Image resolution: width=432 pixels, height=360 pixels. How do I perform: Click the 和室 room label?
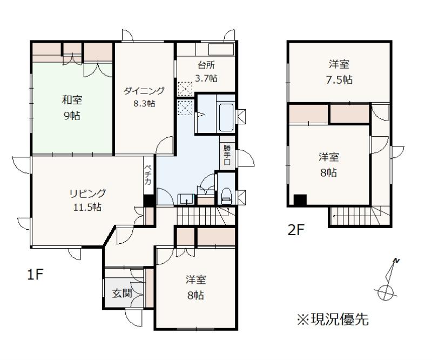tap(72, 99)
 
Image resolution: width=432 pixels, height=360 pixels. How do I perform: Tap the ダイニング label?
tap(144, 90)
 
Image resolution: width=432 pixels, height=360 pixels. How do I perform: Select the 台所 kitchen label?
tap(206, 65)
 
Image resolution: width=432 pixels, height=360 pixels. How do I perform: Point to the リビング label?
tap(87, 194)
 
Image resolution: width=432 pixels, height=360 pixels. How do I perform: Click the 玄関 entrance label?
tap(122, 293)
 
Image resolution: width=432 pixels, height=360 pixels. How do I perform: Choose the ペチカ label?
tap(148, 175)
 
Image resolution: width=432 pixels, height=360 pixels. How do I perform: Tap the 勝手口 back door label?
tap(227, 154)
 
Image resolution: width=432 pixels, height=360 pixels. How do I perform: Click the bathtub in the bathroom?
tap(226, 117)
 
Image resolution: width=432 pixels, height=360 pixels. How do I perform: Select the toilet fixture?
tap(226, 195)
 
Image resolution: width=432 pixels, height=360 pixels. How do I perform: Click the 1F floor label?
tap(36, 275)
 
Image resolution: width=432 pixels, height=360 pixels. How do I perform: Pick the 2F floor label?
tap(295, 230)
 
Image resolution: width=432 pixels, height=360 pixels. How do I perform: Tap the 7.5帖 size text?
tap(339, 79)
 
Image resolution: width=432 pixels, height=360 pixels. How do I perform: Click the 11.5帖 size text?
tap(87, 207)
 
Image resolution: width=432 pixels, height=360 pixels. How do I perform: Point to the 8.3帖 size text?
tap(144, 103)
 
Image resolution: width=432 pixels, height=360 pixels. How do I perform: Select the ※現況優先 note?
tap(333, 319)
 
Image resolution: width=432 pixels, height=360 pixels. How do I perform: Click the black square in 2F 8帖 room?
tap(300, 200)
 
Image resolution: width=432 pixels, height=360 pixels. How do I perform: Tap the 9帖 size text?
tap(72, 115)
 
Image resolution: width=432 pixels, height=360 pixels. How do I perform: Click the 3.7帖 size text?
tap(206, 78)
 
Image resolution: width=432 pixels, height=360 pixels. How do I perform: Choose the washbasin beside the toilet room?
tap(186, 199)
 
